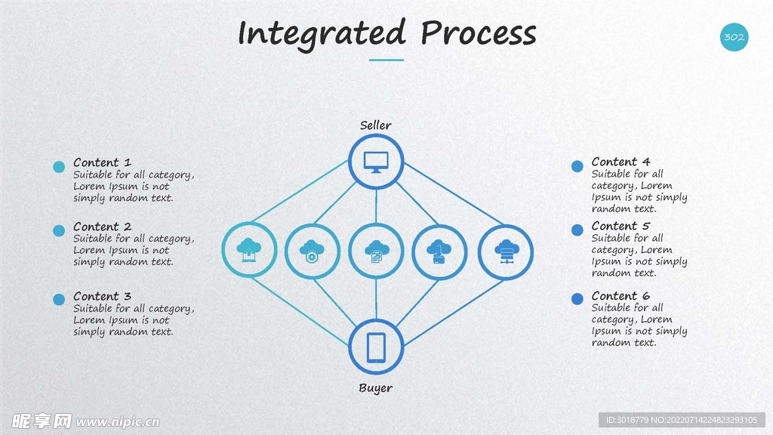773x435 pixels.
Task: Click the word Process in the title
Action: pos(478,34)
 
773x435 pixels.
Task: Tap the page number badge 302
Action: pos(734,37)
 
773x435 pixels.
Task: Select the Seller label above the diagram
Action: pos(375,125)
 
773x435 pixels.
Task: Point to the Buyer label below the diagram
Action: pos(375,388)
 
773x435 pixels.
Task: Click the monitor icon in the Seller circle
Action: pos(376,162)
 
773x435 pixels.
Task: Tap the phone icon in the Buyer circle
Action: pos(376,347)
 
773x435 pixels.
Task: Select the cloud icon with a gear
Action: pos(312,251)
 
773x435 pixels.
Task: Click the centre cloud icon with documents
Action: pos(376,251)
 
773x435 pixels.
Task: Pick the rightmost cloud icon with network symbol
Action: pos(505,251)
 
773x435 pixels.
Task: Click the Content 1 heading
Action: pos(102,162)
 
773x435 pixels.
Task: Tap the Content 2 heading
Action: pos(102,227)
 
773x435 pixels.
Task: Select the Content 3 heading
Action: pos(102,296)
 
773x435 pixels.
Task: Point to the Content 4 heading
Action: pos(621,162)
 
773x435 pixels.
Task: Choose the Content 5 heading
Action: pos(621,226)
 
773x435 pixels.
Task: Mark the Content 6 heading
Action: pos(621,296)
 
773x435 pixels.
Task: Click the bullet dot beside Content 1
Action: pos(59,167)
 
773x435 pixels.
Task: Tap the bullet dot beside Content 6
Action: pos(577,299)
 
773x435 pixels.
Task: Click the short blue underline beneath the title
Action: pos(386,60)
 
